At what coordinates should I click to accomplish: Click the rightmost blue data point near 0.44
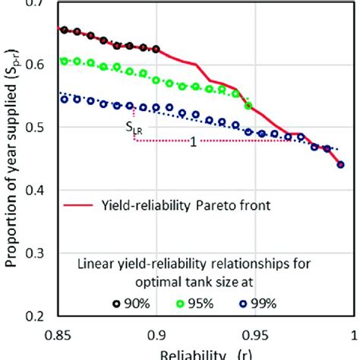coord(340,164)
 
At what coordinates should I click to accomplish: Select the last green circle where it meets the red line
coord(248,106)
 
